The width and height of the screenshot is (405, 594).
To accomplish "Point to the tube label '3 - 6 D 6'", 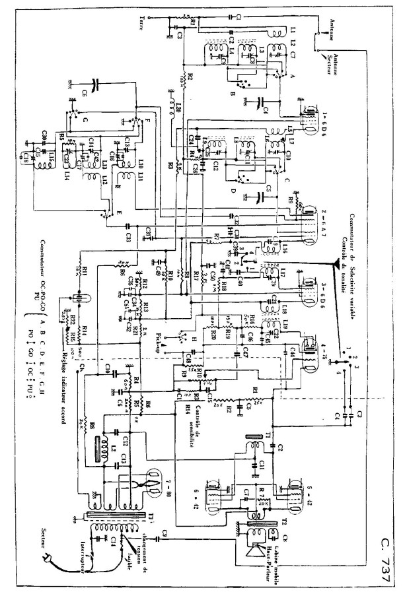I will coord(326,285).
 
